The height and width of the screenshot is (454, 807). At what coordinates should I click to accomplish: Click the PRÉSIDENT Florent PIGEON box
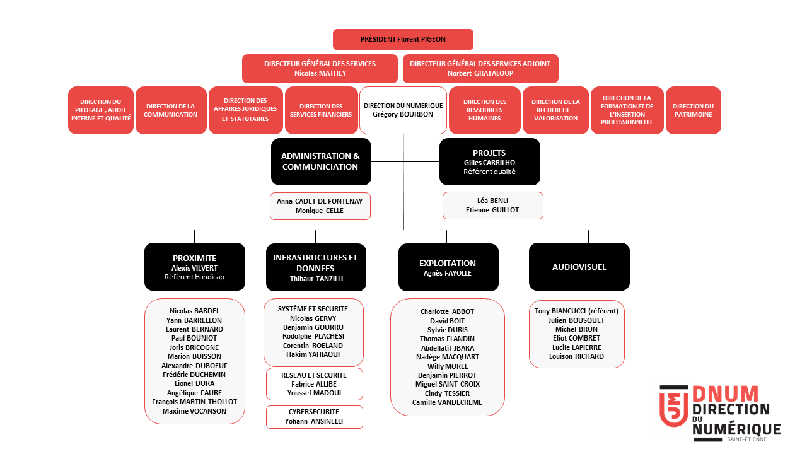coord(403,39)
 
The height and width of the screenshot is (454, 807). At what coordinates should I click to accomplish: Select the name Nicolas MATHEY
coord(320,73)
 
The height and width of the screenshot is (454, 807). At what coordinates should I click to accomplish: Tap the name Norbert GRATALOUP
coord(480,73)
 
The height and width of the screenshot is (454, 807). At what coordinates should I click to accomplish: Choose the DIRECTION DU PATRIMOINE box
coord(693,110)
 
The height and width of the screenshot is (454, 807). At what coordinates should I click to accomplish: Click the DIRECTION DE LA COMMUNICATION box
coord(171,110)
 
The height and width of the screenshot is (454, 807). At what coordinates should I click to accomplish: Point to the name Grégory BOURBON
coord(403,115)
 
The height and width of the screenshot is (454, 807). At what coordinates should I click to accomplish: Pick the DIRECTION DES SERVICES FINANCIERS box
coord(321,110)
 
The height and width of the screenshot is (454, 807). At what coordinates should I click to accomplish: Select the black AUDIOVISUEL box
coord(579,267)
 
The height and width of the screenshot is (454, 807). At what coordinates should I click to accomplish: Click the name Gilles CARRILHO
coord(489,163)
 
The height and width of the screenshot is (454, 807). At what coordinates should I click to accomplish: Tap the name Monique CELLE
coord(320,211)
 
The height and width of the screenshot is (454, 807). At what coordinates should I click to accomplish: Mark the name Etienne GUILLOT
coord(492,210)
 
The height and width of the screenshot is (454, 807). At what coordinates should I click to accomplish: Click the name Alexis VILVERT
coord(194,268)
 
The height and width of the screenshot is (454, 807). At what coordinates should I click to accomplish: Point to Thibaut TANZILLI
coord(315,279)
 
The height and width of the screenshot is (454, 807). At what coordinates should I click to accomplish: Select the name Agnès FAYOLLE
coord(448,273)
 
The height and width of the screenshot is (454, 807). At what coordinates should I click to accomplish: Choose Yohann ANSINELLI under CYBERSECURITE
coord(314,421)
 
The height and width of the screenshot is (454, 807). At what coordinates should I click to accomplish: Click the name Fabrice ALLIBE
coord(314,384)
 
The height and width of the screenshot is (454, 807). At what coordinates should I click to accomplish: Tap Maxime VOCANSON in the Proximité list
coord(194,411)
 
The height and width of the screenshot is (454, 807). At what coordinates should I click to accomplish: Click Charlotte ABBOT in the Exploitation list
coord(447,311)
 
